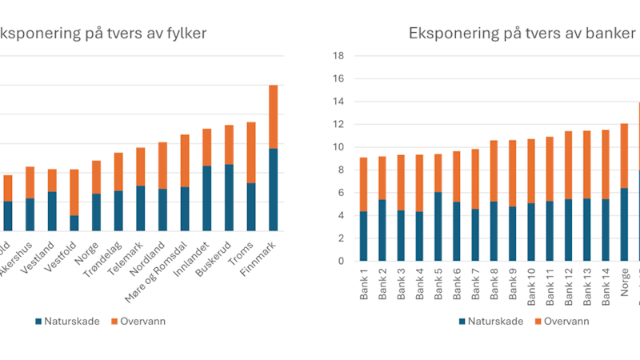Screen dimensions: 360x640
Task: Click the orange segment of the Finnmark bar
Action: (273, 116)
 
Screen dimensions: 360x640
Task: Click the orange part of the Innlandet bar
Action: (206, 147)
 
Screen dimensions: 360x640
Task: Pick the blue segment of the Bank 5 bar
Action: (438, 226)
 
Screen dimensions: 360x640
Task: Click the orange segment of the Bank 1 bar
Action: (364, 184)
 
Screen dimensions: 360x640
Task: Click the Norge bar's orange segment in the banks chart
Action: (624, 156)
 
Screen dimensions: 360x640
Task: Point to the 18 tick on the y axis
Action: (339, 56)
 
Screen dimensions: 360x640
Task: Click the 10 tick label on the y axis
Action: (339, 147)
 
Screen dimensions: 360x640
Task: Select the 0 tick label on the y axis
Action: (342, 261)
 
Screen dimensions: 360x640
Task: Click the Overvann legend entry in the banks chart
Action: (562, 321)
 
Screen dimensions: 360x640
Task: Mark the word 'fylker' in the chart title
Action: (184, 33)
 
